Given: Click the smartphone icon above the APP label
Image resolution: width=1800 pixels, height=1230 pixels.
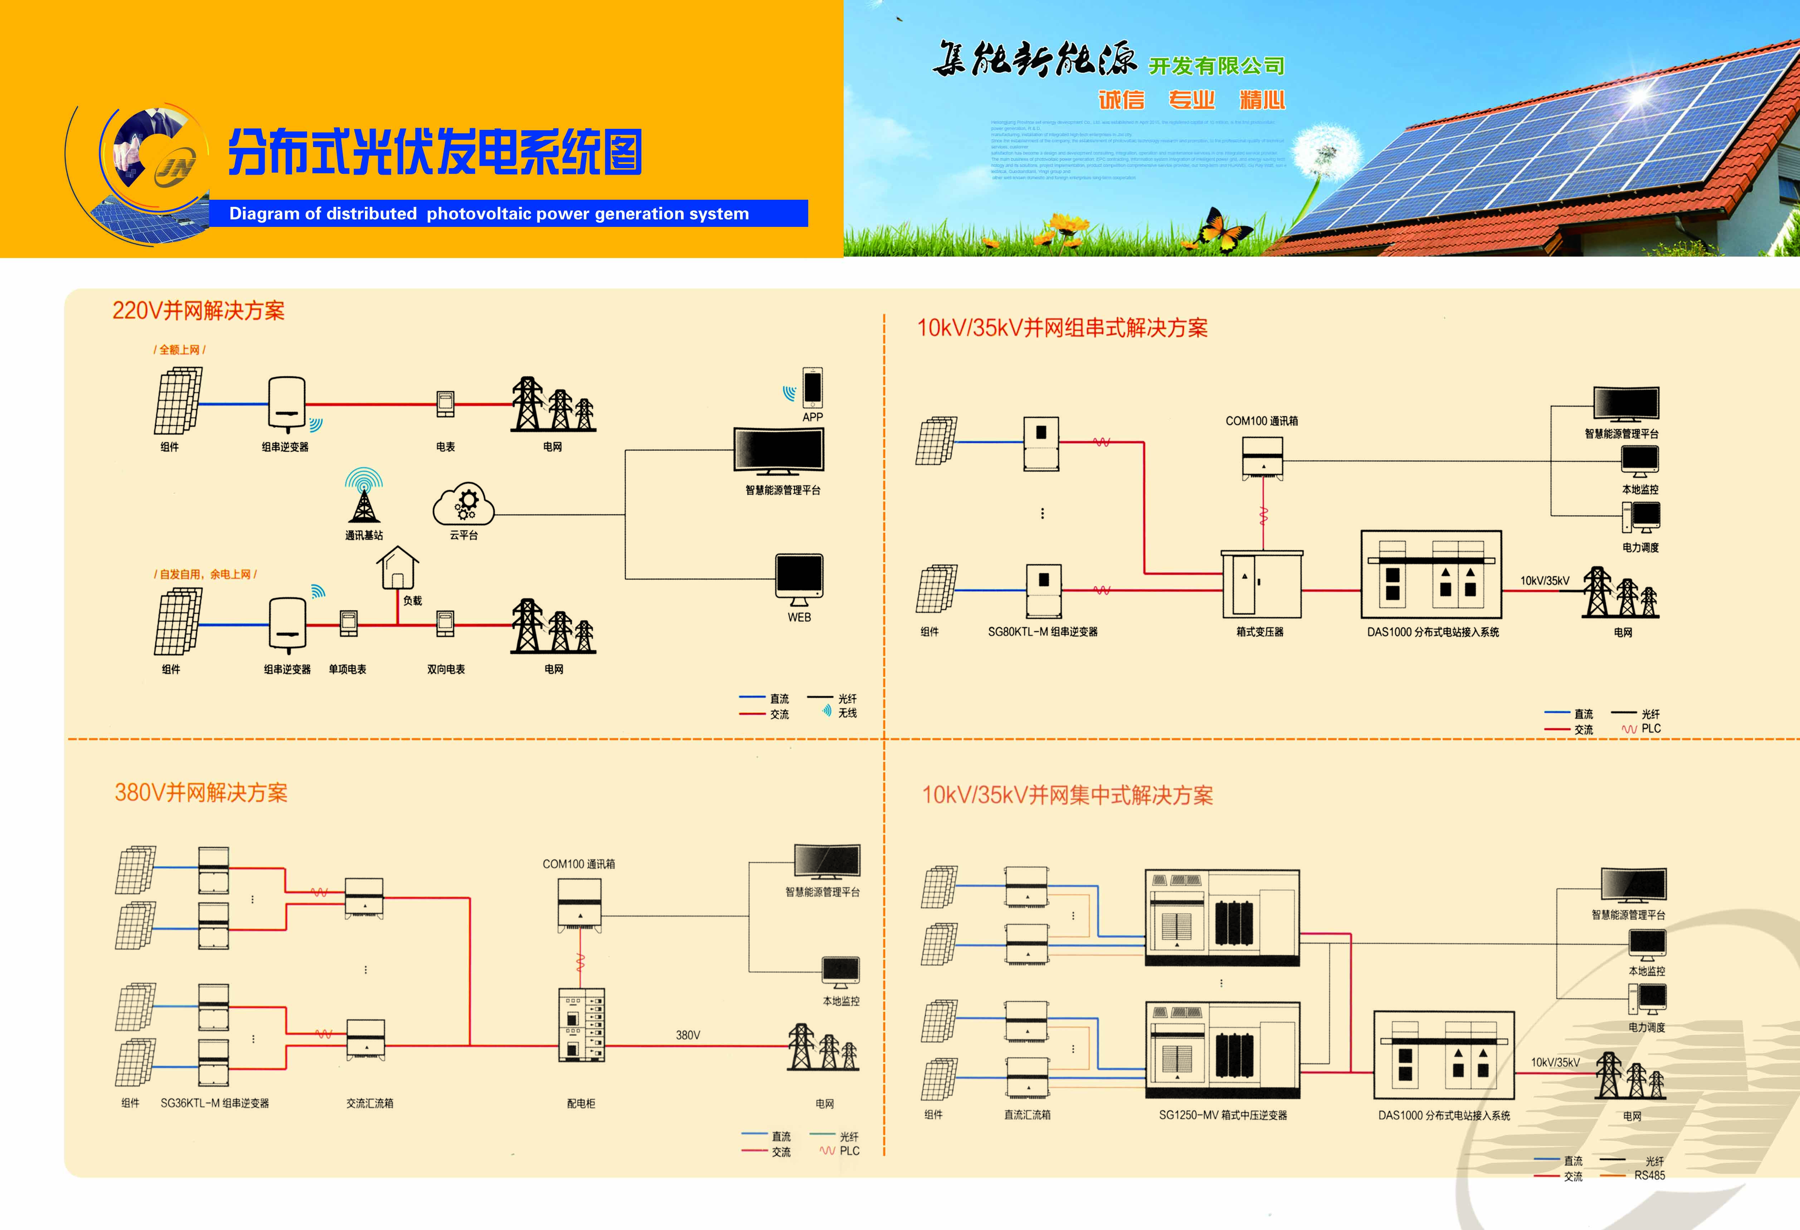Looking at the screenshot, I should (813, 387).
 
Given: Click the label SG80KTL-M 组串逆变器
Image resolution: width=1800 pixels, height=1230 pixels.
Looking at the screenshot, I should (1043, 632).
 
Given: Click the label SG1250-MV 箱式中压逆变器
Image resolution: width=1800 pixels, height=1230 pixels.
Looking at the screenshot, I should (1222, 1115).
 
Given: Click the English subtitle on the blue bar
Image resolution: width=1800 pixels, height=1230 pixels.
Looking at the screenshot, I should (489, 214).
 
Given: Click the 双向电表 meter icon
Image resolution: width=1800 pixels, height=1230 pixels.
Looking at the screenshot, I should (445, 623).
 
